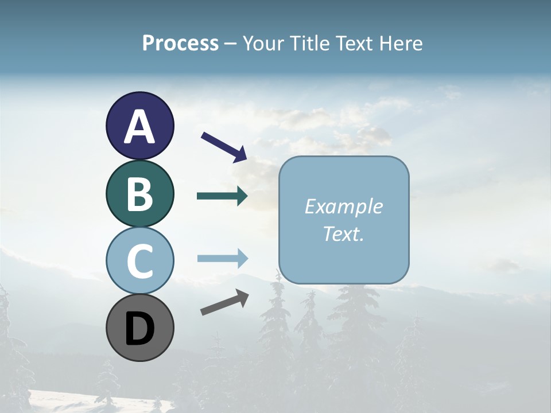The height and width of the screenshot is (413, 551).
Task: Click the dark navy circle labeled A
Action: (139, 126)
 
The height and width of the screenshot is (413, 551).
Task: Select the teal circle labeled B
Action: (139, 193)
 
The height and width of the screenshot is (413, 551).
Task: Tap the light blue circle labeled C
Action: (139, 260)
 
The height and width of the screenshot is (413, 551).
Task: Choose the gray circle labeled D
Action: (139, 328)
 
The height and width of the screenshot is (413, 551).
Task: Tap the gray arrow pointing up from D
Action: (224, 302)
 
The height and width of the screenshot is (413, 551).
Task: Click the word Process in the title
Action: (180, 43)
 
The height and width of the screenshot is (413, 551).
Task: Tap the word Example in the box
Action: (344, 206)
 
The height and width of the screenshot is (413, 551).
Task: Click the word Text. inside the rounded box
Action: (344, 233)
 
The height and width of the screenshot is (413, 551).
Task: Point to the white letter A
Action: (139, 127)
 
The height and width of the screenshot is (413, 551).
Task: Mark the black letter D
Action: (139, 329)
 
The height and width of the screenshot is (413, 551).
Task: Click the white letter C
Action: (139, 262)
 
